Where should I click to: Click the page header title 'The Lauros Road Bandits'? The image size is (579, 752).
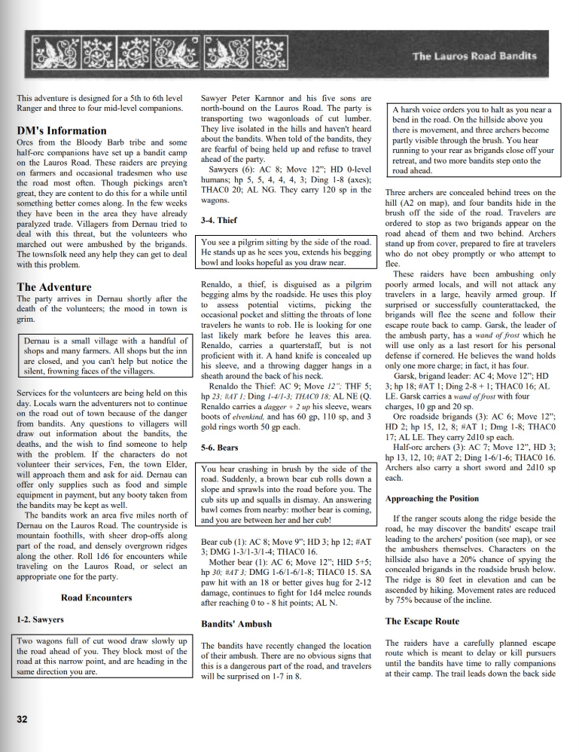[474, 56]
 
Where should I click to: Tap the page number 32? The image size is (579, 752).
[23, 720]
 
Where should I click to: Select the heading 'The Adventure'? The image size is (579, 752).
[54, 287]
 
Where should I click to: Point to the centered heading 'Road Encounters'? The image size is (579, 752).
[96, 598]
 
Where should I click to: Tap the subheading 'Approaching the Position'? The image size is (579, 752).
[432, 498]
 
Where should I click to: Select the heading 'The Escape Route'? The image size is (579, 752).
[422, 621]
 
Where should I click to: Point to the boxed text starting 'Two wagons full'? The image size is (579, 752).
[102, 656]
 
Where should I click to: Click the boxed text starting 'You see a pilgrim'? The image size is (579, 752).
[286, 252]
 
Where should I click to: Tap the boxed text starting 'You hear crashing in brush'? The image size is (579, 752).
[286, 494]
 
